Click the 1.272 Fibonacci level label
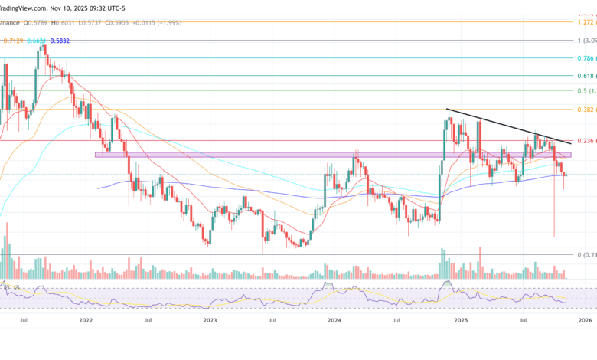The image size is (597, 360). pyautogui.click(x=586, y=22)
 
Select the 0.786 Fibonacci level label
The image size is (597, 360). pyautogui.click(x=586, y=58)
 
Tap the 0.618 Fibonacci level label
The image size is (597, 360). pyautogui.click(x=586, y=76)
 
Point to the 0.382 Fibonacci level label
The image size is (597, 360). pyautogui.click(x=586, y=110)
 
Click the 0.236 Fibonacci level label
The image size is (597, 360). pyautogui.click(x=586, y=141)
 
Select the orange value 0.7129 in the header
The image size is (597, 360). pyautogui.click(x=12, y=40)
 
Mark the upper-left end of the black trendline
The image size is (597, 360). pyautogui.click(x=447, y=110)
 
